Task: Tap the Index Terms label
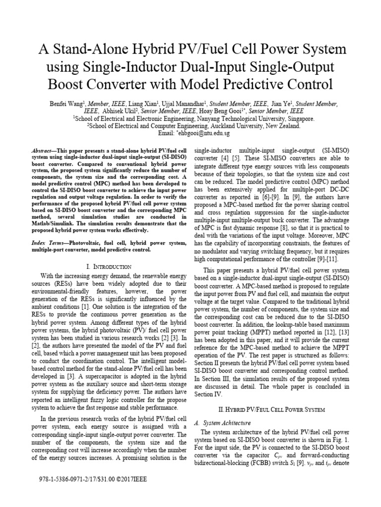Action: pos(50,244)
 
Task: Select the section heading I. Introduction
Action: pos(108,266)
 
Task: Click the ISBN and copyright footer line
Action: pos(93,480)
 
